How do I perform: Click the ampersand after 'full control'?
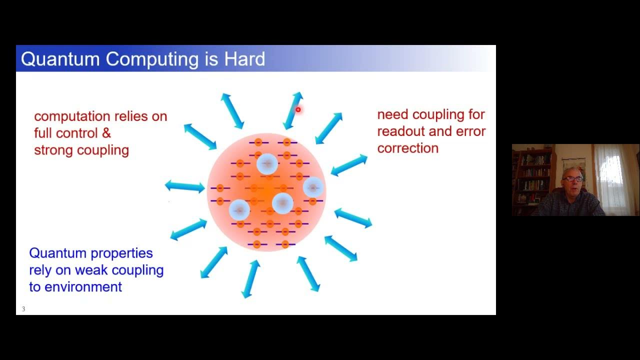[x=106, y=133]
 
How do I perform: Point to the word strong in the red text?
[x=52, y=150]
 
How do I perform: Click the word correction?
[x=407, y=148]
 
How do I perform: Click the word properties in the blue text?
[x=121, y=253]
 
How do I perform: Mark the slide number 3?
[x=23, y=309]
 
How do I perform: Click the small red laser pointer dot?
[x=298, y=109]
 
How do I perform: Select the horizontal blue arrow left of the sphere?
[x=184, y=186]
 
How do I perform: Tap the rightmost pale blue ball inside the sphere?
[x=313, y=187]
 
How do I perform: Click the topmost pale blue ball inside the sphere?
[x=267, y=164]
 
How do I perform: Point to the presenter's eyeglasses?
[x=572, y=178]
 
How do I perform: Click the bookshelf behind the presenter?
[x=531, y=175]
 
